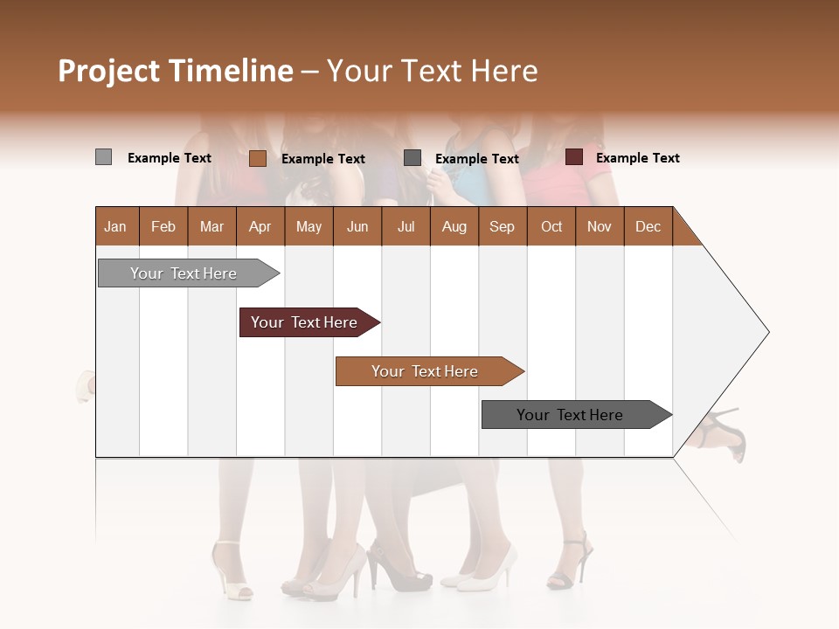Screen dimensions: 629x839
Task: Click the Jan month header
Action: click(115, 226)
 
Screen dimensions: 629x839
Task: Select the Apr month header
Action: click(260, 226)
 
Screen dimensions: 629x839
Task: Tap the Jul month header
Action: click(406, 226)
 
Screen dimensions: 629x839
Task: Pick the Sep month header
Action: click(502, 226)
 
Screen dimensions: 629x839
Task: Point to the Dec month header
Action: click(648, 226)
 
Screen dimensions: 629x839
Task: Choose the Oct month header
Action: click(551, 226)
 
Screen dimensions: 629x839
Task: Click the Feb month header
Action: click(163, 226)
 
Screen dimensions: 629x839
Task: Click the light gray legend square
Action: click(103, 157)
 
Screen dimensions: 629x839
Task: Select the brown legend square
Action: click(257, 158)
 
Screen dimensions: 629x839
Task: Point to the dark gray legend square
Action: click(413, 157)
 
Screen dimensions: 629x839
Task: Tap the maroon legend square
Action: click(574, 157)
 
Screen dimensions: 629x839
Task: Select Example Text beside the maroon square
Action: click(637, 158)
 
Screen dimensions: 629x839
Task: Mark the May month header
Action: click(309, 226)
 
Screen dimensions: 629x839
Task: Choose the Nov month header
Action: click(599, 226)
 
